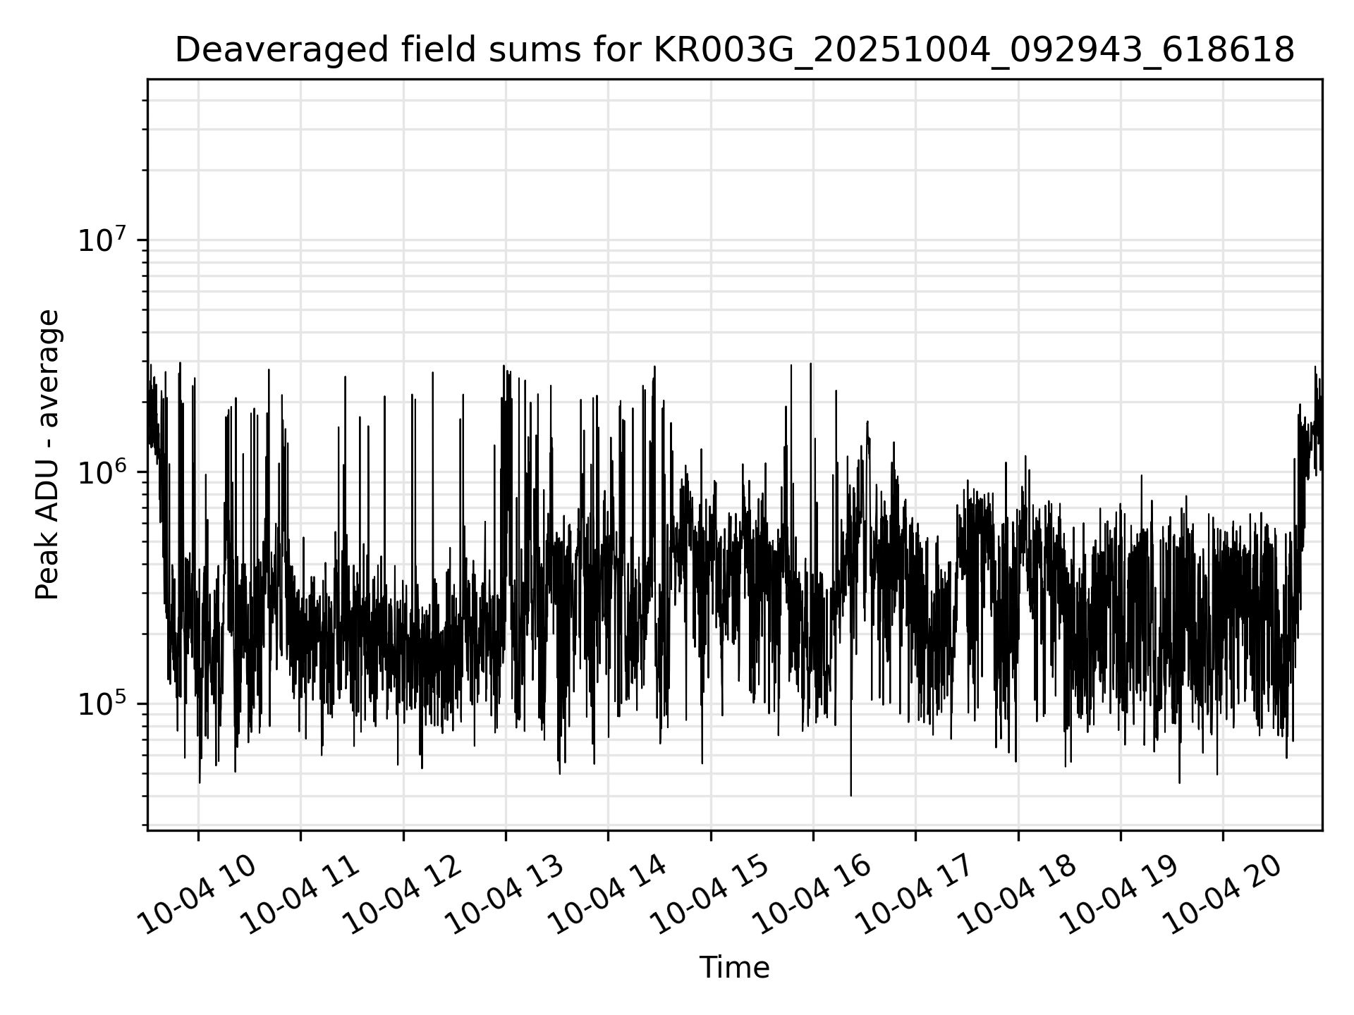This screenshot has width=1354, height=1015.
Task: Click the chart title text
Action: [x=734, y=51]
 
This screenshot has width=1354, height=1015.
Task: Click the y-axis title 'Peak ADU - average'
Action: [x=48, y=455]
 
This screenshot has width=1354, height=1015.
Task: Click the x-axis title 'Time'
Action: [x=734, y=968]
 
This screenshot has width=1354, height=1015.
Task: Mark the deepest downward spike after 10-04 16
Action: [x=851, y=794]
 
